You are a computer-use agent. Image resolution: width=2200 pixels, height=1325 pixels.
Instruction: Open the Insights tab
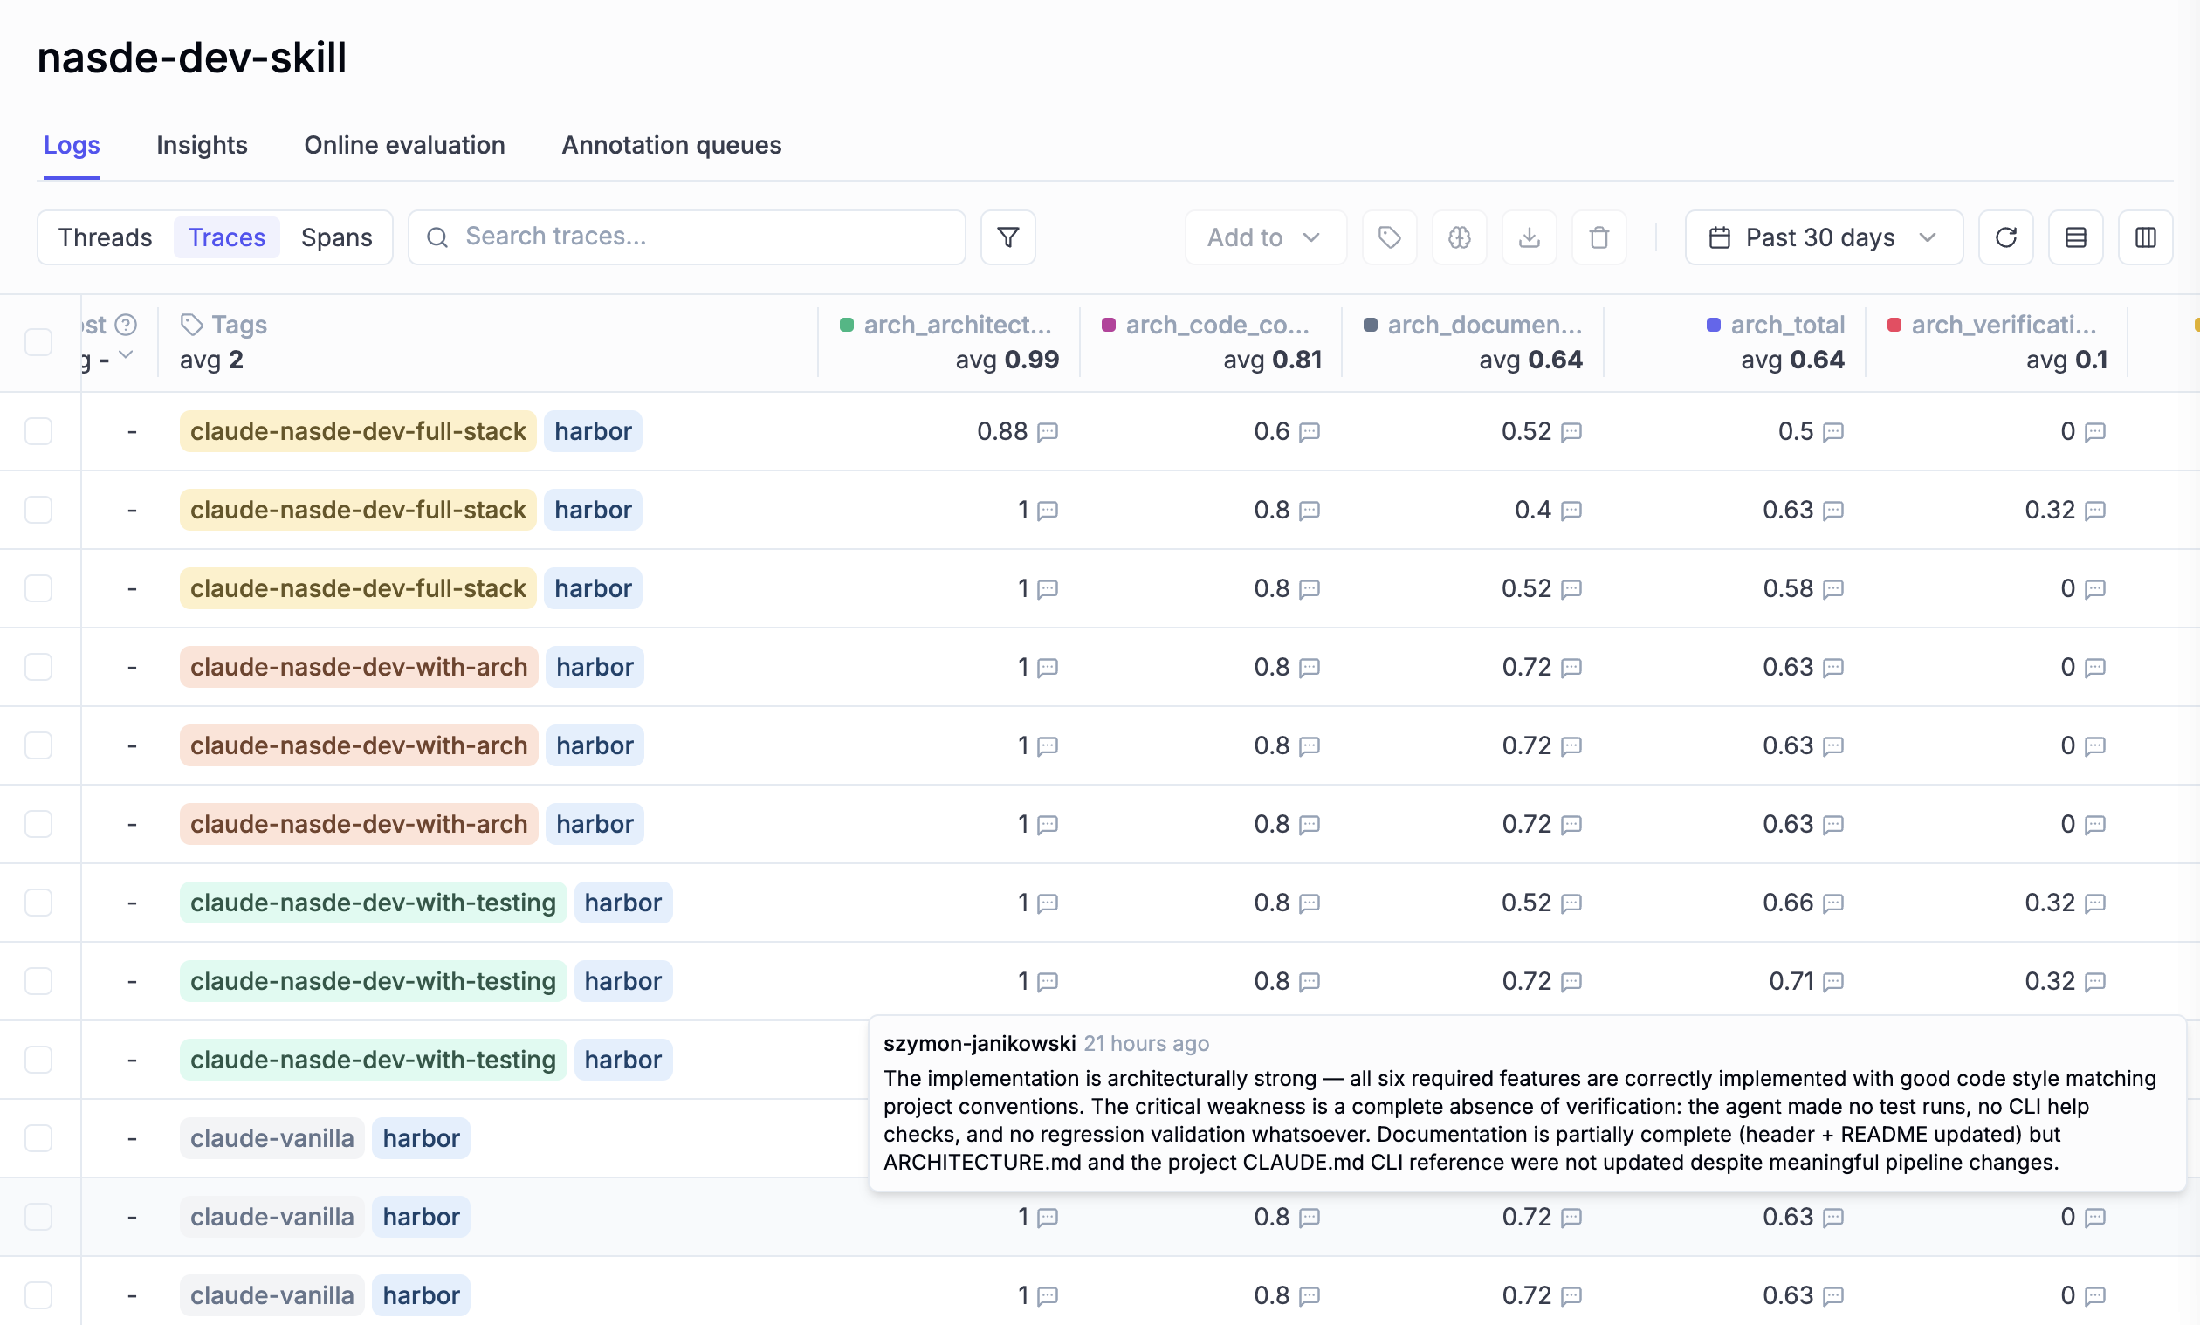[x=202, y=145]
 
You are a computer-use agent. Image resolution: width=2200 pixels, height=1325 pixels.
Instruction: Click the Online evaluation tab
[x=404, y=145]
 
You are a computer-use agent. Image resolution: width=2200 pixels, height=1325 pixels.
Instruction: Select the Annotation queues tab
[x=671, y=145]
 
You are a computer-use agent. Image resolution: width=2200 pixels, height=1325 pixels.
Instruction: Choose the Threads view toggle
[x=106, y=237]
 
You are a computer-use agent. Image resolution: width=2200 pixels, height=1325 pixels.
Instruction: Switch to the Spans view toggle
[x=336, y=237]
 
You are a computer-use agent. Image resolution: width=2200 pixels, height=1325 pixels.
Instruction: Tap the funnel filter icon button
[x=1007, y=237]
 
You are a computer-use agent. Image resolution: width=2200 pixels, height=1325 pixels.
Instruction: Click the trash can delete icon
[x=1598, y=237]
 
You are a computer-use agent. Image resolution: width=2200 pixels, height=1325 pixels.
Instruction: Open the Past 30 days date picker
[x=1822, y=237]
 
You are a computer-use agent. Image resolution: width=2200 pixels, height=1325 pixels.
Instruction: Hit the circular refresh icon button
[x=2005, y=237]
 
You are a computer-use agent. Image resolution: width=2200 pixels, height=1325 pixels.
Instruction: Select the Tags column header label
[x=238, y=325]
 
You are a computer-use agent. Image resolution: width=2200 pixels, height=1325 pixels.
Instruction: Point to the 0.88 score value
[x=1002, y=431]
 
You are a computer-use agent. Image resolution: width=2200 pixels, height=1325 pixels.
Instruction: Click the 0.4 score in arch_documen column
[x=1532, y=510]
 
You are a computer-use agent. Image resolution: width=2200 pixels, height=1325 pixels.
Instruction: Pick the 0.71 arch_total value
[x=1791, y=981]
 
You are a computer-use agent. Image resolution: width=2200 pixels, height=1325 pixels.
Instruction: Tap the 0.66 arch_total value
[x=1788, y=903]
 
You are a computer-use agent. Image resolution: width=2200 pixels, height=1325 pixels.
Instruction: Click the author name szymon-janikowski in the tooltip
[x=980, y=1044]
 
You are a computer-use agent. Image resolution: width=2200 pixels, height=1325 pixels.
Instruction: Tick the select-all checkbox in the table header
[x=38, y=342]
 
